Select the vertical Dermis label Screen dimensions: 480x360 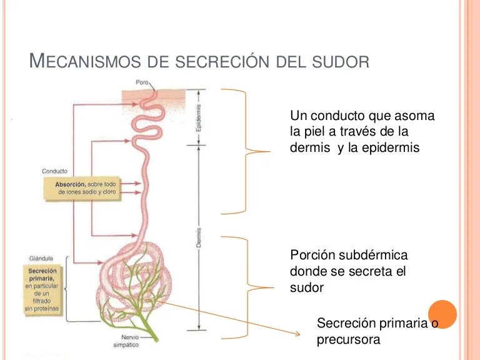(199, 238)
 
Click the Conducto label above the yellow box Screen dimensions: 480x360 (55, 171)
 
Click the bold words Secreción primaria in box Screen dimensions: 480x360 (42, 276)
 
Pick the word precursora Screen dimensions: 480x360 (349, 339)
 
